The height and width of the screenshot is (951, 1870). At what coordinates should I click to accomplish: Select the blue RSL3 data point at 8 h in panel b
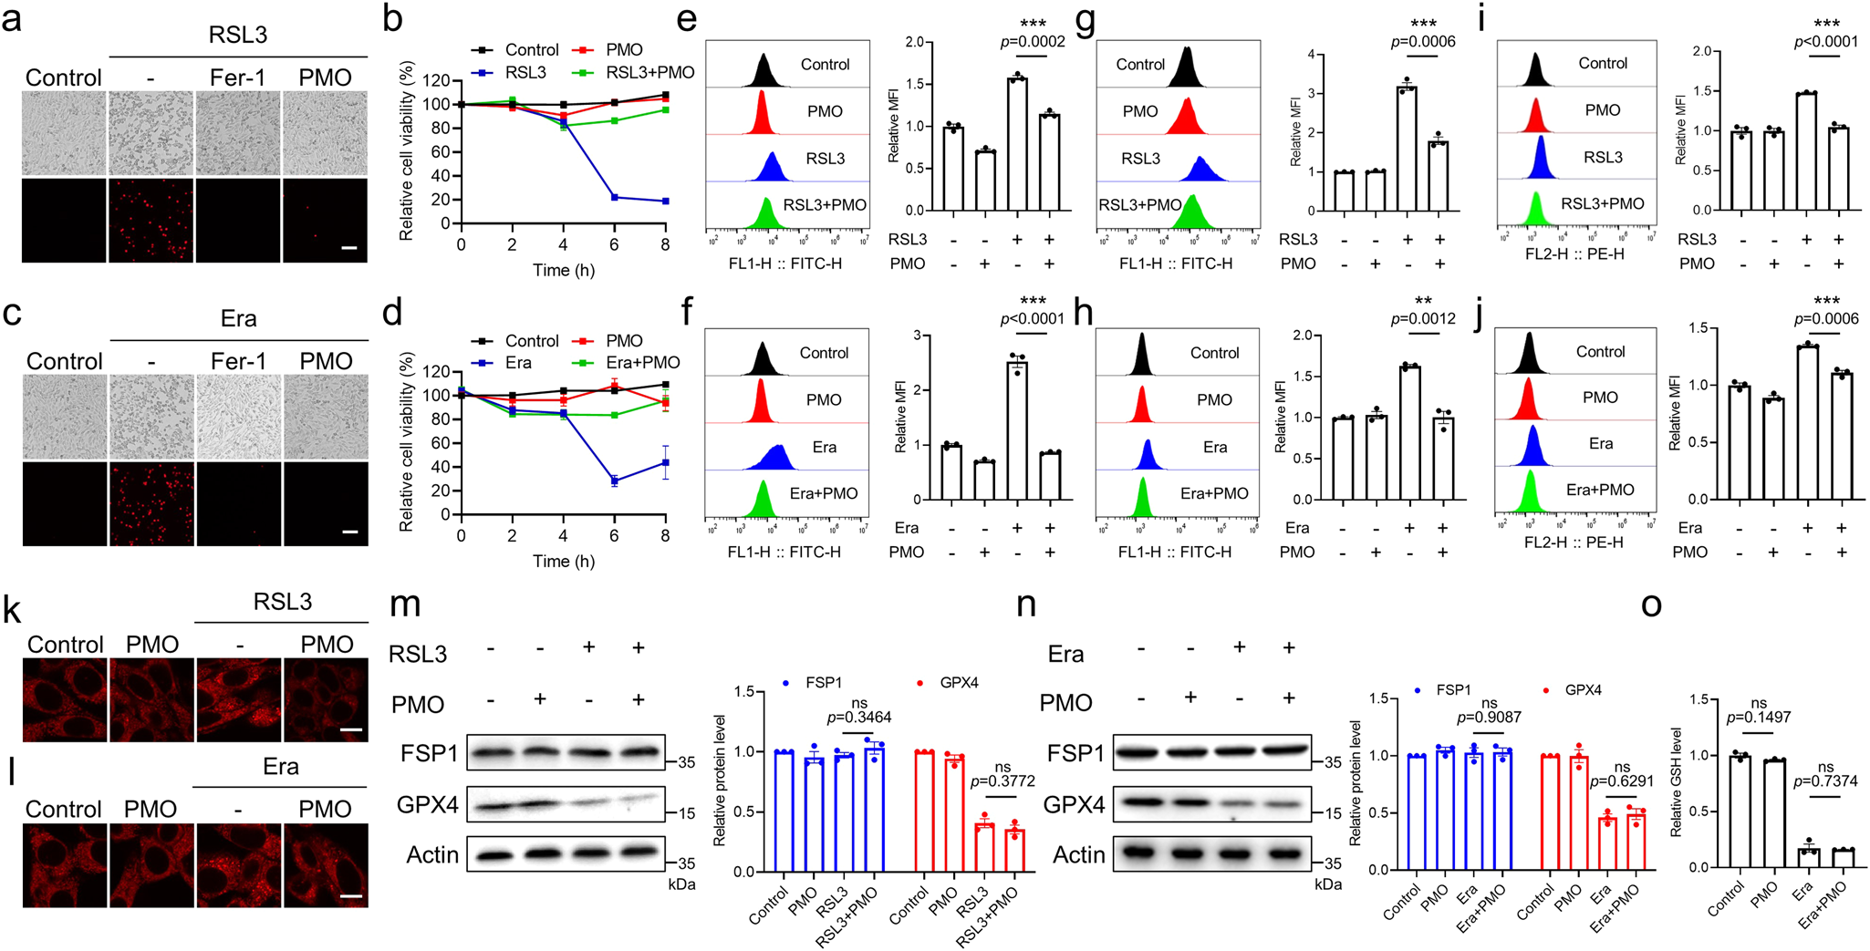click(665, 201)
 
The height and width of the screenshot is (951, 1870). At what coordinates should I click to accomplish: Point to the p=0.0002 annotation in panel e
click(1033, 41)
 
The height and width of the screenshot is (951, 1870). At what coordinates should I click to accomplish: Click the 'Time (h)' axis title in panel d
click(564, 561)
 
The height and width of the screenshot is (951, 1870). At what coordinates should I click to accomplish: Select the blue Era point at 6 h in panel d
click(614, 481)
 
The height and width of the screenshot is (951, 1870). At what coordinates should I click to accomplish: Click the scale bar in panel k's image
click(351, 730)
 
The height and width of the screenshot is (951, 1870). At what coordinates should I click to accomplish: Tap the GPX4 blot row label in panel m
click(427, 805)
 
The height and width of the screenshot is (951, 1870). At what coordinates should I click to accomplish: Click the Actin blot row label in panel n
click(1078, 854)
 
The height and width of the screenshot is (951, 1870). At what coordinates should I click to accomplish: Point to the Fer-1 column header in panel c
click(238, 361)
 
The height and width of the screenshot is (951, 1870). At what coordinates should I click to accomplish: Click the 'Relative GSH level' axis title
click(1675, 782)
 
